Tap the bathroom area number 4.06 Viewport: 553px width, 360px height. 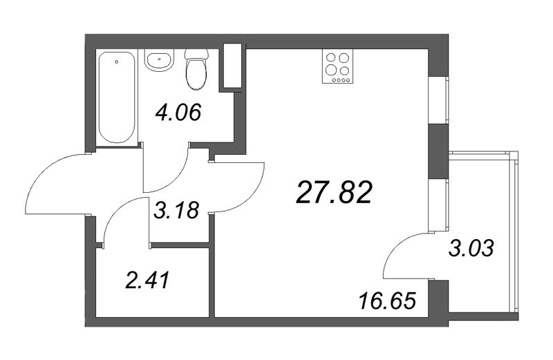point(178,112)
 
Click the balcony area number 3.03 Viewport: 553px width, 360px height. point(473,247)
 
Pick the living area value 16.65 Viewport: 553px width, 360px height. point(388,302)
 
